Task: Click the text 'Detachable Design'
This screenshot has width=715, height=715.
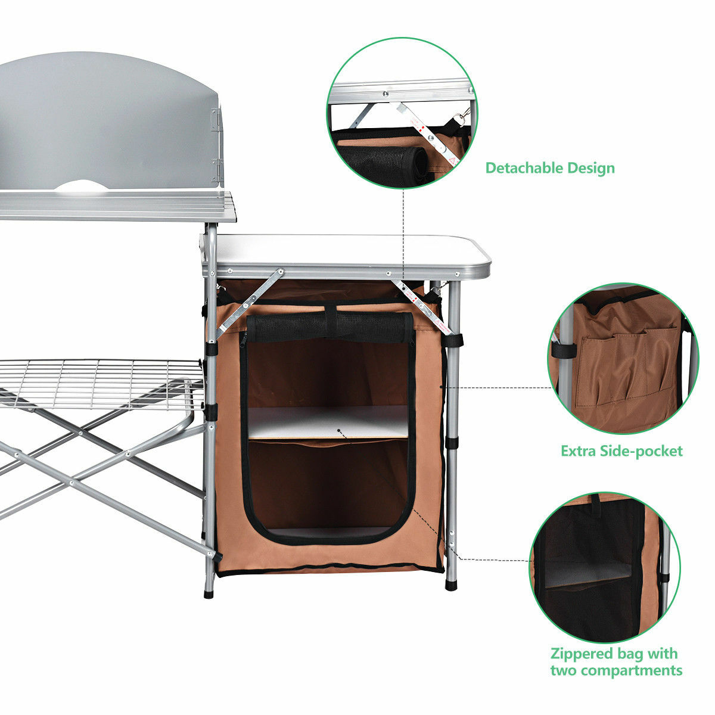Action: (549, 168)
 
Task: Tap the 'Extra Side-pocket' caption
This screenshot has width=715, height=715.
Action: (621, 450)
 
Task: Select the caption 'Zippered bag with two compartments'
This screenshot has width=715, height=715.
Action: (615, 661)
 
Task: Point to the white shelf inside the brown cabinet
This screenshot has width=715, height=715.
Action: (328, 422)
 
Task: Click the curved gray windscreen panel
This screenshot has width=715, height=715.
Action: (107, 119)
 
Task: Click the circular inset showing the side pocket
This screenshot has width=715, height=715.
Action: (622, 357)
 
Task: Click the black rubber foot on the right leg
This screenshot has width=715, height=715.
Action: (451, 585)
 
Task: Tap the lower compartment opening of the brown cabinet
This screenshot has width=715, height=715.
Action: (328, 486)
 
